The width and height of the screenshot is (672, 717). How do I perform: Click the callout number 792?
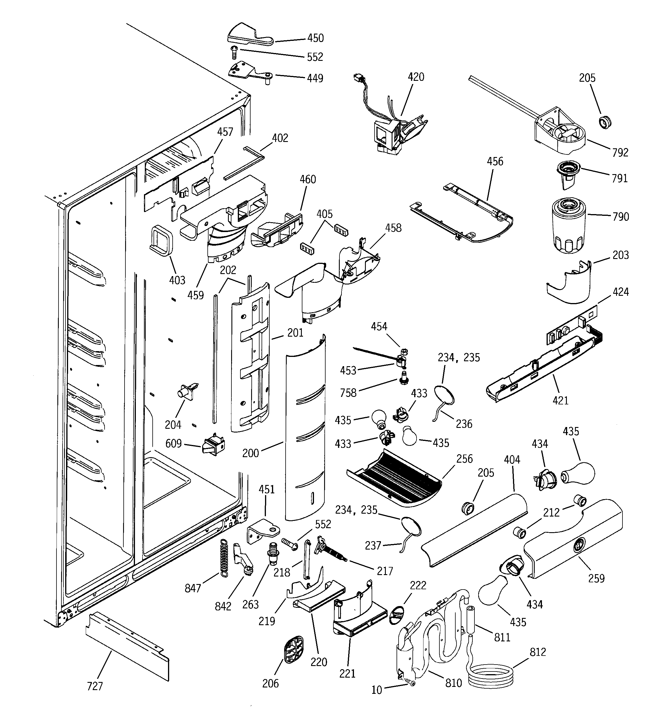620,153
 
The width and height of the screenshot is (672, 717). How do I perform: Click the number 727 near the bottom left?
95,686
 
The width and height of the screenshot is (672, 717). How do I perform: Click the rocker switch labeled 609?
214,446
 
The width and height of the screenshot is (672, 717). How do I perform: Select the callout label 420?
416,77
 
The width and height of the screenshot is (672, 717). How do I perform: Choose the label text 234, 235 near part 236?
459,357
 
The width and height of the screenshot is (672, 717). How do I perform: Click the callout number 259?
596,579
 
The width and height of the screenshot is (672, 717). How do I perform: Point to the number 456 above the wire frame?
495,161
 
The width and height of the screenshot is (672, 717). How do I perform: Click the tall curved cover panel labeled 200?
305,429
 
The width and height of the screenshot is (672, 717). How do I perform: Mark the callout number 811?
502,638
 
